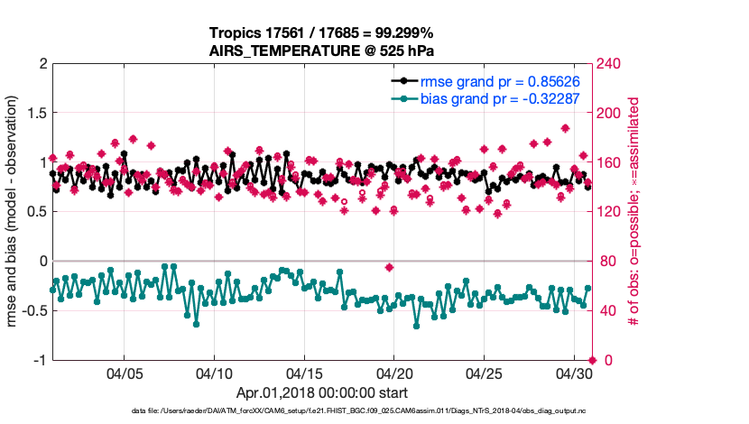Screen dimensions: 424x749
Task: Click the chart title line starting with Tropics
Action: click(x=322, y=33)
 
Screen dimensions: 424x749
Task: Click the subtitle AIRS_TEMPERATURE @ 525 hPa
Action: click(x=322, y=51)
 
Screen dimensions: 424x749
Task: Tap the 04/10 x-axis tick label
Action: click(x=215, y=373)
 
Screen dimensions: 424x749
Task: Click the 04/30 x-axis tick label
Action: click(x=574, y=373)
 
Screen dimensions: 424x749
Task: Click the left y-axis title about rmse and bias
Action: click(x=14, y=212)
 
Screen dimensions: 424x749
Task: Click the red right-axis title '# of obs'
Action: click(x=635, y=212)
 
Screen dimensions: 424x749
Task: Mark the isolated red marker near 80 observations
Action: click(x=389, y=267)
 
